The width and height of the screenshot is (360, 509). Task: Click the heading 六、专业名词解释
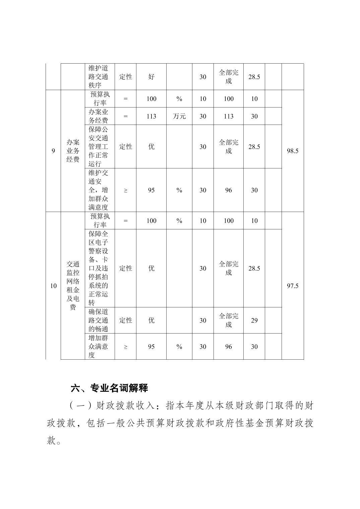(109, 388)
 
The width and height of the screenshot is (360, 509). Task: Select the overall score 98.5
(292, 151)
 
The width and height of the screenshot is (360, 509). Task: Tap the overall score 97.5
(292, 286)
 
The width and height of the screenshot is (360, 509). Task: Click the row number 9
(53, 151)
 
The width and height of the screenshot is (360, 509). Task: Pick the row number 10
(53, 286)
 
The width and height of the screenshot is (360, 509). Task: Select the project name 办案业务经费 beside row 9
(73, 151)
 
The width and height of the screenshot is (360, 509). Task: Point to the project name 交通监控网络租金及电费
(73, 286)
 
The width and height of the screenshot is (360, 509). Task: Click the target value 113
(151, 116)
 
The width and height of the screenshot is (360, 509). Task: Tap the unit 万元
(179, 116)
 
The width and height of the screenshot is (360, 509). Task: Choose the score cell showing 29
(254, 320)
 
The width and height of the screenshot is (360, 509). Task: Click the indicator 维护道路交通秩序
(98, 77)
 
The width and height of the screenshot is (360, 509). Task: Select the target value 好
(151, 77)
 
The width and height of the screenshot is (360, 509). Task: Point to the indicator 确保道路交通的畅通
(98, 320)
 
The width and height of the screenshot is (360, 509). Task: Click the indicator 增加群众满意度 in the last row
(98, 347)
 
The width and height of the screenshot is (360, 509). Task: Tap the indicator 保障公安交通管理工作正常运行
(98, 147)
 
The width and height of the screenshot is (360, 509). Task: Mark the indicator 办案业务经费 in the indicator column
(98, 116)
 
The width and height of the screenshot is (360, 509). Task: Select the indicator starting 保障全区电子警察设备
(98, 268)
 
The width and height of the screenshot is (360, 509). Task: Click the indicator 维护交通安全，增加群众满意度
(98, 190)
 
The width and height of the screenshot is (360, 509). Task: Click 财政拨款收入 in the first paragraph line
(125, 406)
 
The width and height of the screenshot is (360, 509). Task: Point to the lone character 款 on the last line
(51, 441)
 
